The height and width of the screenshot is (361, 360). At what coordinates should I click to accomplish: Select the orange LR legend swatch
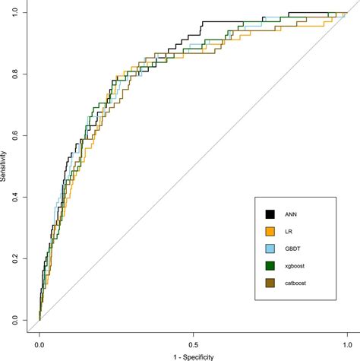pos(270,230)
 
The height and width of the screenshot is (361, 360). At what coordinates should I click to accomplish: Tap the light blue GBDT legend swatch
pos(270,248)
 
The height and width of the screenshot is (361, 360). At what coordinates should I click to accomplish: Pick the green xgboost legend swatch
pos(270,265)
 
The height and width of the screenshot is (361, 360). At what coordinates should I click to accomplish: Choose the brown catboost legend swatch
pos(270,283)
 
